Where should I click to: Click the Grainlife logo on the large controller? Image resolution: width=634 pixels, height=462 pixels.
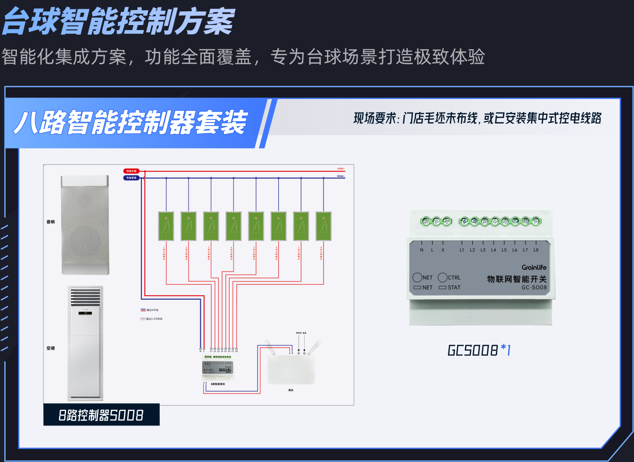coord(534,267)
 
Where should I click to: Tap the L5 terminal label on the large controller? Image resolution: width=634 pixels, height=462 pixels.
coord(504,250)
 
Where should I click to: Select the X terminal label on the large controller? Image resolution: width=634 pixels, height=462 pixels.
coord(442,250)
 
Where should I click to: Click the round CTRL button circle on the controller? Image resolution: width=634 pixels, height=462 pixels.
coord(442,277)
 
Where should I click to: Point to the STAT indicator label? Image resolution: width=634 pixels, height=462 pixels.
coord(454,287)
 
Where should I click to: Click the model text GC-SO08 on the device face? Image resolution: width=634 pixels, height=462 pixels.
coord(534,287)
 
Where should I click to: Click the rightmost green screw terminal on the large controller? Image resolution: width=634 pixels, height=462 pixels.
coord(536,221)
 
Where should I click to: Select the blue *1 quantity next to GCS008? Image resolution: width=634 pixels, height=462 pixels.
coord(506,350)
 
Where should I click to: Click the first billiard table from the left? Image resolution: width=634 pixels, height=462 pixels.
coord(166,226)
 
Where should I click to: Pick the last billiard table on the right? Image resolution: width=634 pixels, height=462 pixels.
coord(323,226)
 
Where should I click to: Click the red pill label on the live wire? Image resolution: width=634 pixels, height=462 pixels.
coord(131,171)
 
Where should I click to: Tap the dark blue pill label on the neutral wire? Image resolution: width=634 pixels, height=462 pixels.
coord(131,178)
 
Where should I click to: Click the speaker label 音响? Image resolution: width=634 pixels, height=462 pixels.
coord(51,222)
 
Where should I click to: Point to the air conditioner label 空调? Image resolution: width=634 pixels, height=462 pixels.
coord(51,348)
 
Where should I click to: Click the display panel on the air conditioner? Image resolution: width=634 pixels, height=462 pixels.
coord(85,313)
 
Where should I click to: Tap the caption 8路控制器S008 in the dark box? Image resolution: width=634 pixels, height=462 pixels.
coord(101,415)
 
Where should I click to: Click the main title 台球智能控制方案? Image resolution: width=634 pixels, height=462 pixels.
coord(119,21)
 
